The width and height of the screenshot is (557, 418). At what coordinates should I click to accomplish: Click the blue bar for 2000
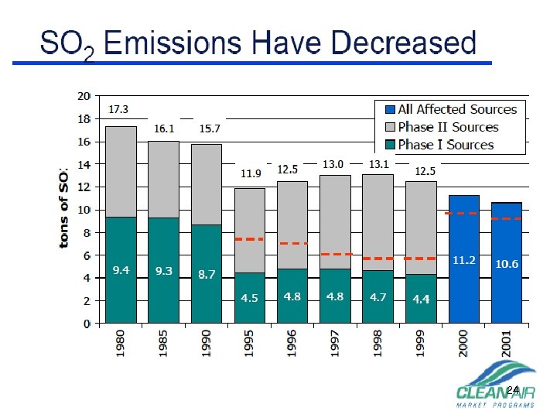[463, 286]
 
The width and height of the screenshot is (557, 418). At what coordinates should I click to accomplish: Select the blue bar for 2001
[507, 294]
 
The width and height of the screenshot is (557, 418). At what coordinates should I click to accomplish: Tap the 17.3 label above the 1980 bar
[118, 109]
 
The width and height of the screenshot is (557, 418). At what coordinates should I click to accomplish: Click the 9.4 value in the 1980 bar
[121, 270]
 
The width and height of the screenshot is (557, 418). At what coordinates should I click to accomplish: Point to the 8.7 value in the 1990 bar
[206, 274]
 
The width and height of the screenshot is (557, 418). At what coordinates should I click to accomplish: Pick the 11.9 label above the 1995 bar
[251, 173]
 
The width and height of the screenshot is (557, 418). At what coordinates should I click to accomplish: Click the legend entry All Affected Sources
[456, 109]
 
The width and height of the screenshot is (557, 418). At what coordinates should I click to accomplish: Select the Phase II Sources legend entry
[448, 127]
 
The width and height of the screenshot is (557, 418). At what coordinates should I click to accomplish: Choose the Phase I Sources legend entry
[446, 145]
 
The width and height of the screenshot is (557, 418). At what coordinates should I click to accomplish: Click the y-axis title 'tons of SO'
[65, 208]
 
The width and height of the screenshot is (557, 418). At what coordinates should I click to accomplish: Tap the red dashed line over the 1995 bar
[249, 239]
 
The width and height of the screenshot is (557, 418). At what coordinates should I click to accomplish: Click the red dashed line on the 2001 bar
[507, 219]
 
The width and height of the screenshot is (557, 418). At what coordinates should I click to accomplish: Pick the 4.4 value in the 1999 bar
[421, 299]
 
